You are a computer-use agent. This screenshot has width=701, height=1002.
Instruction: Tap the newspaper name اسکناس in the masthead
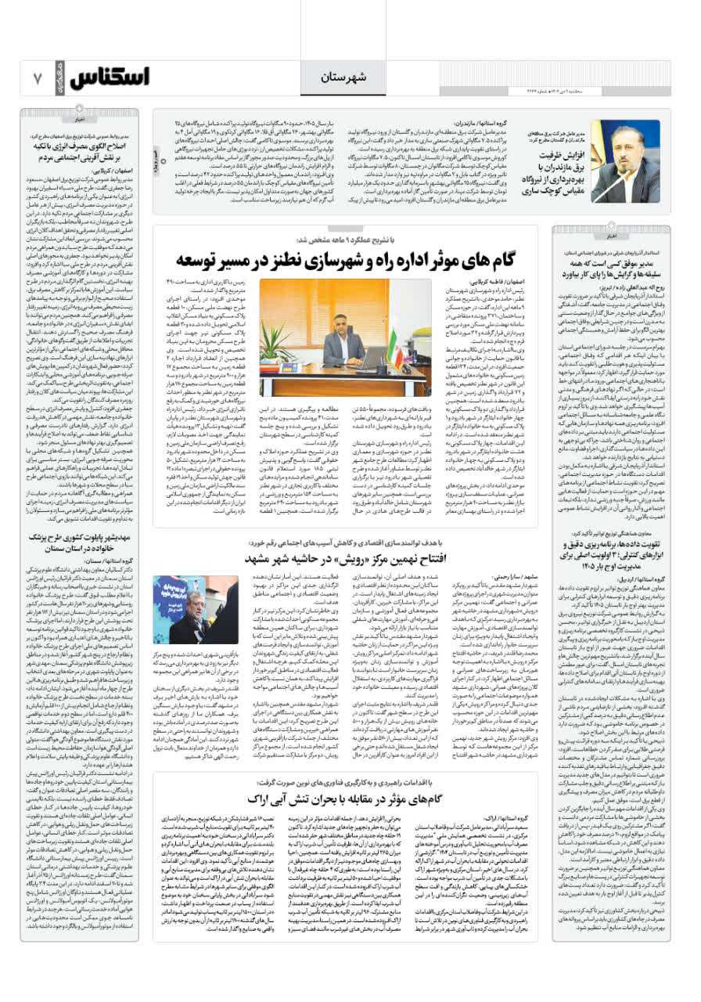(110, 78)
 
